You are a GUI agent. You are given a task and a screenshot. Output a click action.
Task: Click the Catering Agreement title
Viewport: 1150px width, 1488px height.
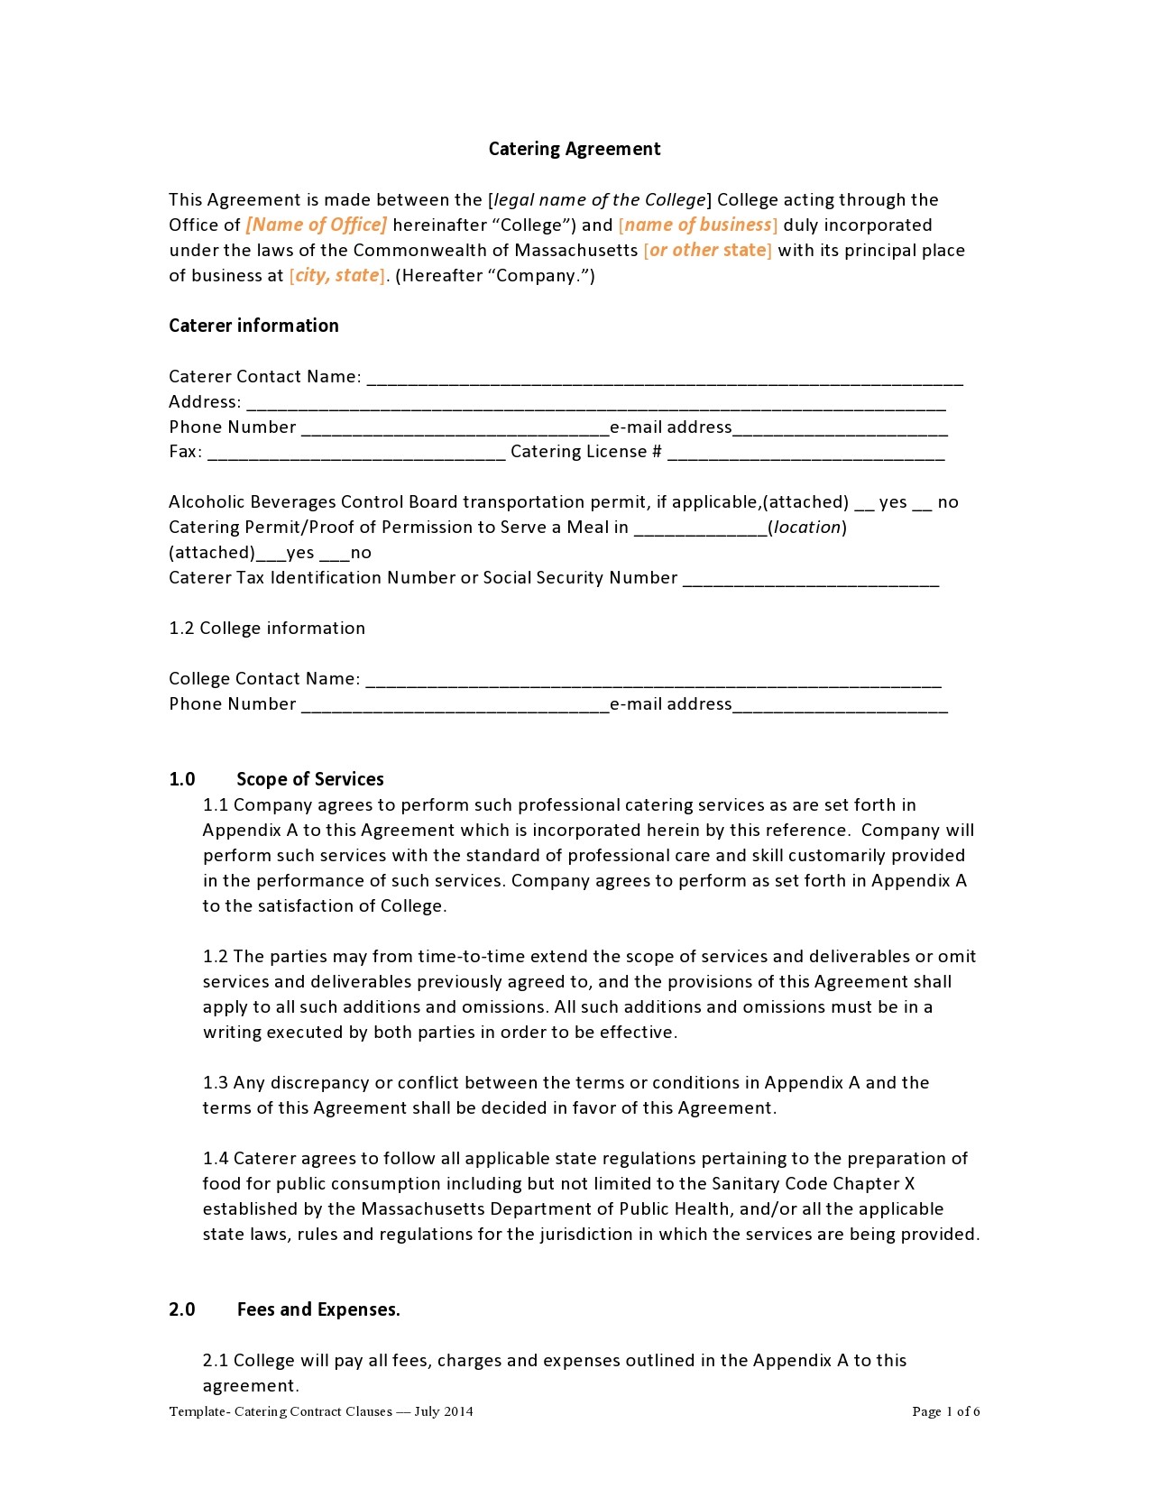(575, 149)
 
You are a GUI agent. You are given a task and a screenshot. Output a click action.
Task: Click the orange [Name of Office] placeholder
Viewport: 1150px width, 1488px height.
(316, 225)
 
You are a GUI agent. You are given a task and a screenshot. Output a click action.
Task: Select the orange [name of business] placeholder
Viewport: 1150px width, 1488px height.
(698, 225)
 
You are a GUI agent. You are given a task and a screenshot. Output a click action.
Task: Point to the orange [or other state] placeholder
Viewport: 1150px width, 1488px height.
(708, 250)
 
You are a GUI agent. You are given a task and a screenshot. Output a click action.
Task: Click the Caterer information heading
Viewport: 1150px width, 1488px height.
(253, 326)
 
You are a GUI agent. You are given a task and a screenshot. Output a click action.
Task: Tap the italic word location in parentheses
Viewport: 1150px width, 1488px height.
(807, 528)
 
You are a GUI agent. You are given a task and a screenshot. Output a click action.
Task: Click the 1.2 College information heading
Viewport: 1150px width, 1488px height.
(267, 629)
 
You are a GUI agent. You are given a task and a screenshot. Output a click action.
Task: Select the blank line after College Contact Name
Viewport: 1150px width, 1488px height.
(653, 683)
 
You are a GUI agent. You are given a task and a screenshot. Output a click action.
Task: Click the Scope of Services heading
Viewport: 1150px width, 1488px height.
(310, 779)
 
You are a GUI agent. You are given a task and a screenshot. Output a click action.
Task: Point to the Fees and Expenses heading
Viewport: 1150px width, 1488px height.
(318, 1309)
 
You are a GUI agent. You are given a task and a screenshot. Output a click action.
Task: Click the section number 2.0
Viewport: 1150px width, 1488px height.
(182, 1309)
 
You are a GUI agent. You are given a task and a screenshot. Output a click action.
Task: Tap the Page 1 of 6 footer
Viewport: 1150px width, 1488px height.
(945, 1411)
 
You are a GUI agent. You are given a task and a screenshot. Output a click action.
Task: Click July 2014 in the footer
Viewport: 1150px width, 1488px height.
(444, 1411)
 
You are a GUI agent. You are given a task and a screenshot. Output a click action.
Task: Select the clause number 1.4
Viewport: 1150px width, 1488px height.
(216, 1159)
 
